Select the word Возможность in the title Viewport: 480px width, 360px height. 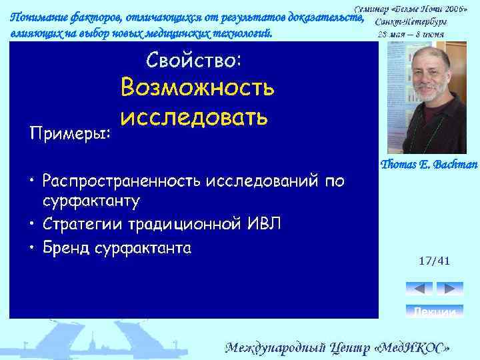[x=197, y=88]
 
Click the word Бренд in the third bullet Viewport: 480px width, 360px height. [x=65, y=249]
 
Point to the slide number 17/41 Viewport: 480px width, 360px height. [x=434, y=261]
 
